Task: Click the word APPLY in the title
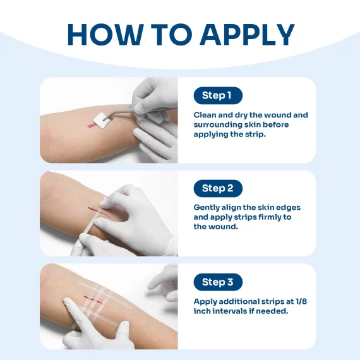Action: [248, 34]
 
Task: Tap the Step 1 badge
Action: [218, 95]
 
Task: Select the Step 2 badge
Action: [218, 188]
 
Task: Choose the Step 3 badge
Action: [218, 282]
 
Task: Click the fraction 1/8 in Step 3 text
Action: [301, 301]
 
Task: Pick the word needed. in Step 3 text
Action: [275, 311]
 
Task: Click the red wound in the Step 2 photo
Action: [99, 212]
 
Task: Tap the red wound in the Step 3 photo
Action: [95, 301]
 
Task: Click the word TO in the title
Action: [172, 34]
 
